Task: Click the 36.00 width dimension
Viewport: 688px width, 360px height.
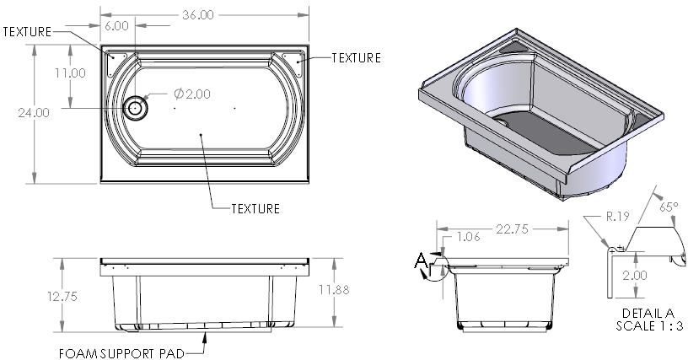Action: pos(198,15)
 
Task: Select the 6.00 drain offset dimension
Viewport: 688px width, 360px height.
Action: pos(116,26)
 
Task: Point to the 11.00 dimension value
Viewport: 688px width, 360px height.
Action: pos(70,73)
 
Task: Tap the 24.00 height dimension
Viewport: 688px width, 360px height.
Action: pos(34,113)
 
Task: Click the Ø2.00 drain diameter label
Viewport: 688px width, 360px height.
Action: pos(191,94)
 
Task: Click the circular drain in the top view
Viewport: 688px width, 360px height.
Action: pos(135,108)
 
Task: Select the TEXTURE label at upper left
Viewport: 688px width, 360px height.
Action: pos(27,31)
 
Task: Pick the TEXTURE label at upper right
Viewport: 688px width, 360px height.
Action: pos(356,58)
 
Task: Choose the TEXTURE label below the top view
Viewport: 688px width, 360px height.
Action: pos(255,208)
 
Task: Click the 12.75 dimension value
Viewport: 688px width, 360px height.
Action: pos(62,297)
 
